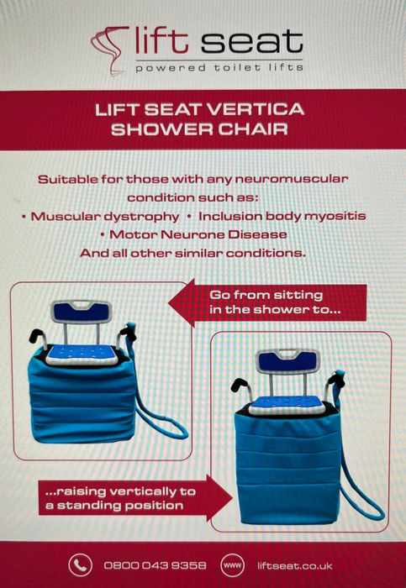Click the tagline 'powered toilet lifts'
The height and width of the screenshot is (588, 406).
pos(219,66)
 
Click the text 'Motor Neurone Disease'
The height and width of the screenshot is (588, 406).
pos(210,234)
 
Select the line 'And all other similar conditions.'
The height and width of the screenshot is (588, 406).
pos(203,253)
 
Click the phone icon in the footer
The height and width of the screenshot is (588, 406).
pos(81,564)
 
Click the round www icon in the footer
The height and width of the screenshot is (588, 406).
pos(234,565)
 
